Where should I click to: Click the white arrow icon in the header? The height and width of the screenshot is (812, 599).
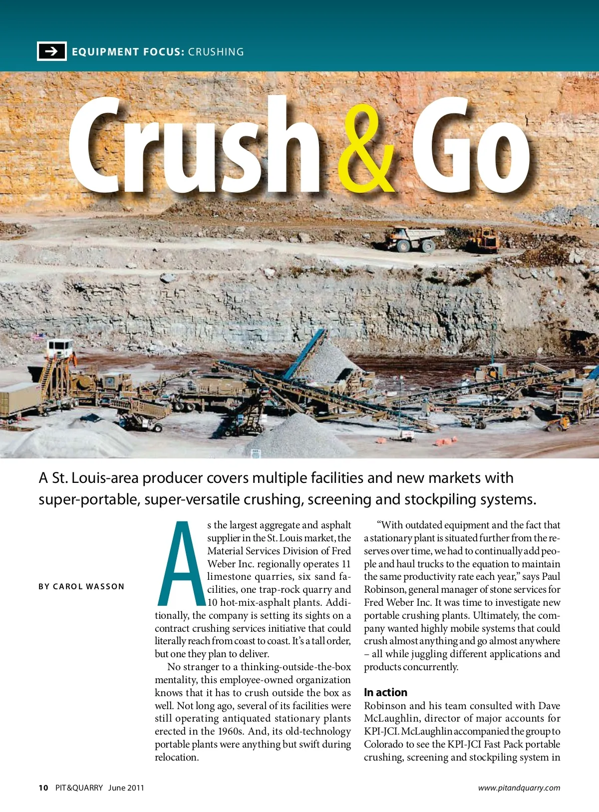click(x=51, y=51)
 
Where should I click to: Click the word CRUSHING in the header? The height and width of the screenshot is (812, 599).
click(x=216, y=52)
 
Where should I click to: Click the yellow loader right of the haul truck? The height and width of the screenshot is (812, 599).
click(x=483, y=240)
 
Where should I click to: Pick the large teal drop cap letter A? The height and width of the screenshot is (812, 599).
click(x=181, y=563)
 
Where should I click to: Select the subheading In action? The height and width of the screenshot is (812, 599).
click(x=385, y=692)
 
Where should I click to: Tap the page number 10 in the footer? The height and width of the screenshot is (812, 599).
click(x=43, y=788)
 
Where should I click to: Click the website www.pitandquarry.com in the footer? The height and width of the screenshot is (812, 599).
click(x=519, y=788)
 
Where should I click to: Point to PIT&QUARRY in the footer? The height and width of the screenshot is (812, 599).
click(x=79, y=788)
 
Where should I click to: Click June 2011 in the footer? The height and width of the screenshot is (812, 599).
click(x=126, y=788)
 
